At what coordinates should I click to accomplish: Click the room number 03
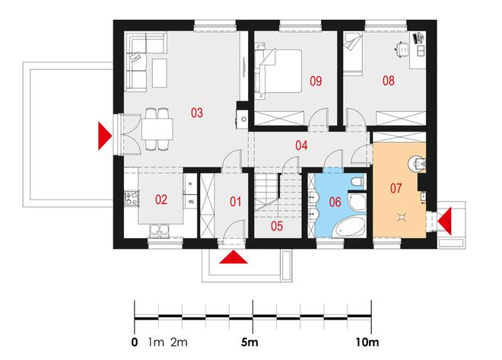point(197,113)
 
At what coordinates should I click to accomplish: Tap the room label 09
point(316,81)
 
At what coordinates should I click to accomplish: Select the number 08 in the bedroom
point(389,81)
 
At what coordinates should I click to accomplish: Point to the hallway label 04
point(301,145)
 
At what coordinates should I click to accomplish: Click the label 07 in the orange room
point(396,188)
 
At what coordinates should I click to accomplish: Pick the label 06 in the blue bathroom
point(335,202)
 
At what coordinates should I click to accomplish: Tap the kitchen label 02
point(161,199)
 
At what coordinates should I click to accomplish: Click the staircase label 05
point(277,226)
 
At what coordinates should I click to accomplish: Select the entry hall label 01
point(236,202)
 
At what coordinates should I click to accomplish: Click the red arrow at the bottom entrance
point(234,257)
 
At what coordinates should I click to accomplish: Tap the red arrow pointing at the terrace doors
point(105,135)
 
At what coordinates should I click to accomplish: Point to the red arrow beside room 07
point(445,221)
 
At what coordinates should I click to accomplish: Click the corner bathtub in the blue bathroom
point(349,227)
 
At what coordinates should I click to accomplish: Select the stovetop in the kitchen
point(132,198)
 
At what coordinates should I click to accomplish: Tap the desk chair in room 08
point(402,49)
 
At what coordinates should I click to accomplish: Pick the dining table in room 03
point(157,129)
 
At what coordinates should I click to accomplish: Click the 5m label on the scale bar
point(249,342)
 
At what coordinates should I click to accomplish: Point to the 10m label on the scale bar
point(367,342)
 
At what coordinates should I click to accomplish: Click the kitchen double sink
point(159,231)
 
